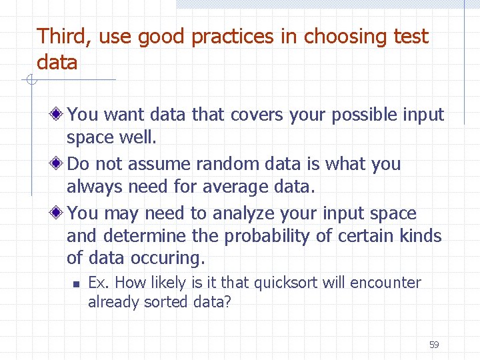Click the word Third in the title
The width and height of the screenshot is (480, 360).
tap(65, 37)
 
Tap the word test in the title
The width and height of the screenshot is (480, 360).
tap(410, 37)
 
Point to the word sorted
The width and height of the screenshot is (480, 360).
tap(167, 302)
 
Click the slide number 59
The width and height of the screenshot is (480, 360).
tap(434, 345)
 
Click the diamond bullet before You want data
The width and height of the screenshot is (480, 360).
tap(58, 115)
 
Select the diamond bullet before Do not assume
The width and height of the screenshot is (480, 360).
tap(58, 164)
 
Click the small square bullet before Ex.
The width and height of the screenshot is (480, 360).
tap(76, 284)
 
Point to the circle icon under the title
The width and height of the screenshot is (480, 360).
tap(30, 81)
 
